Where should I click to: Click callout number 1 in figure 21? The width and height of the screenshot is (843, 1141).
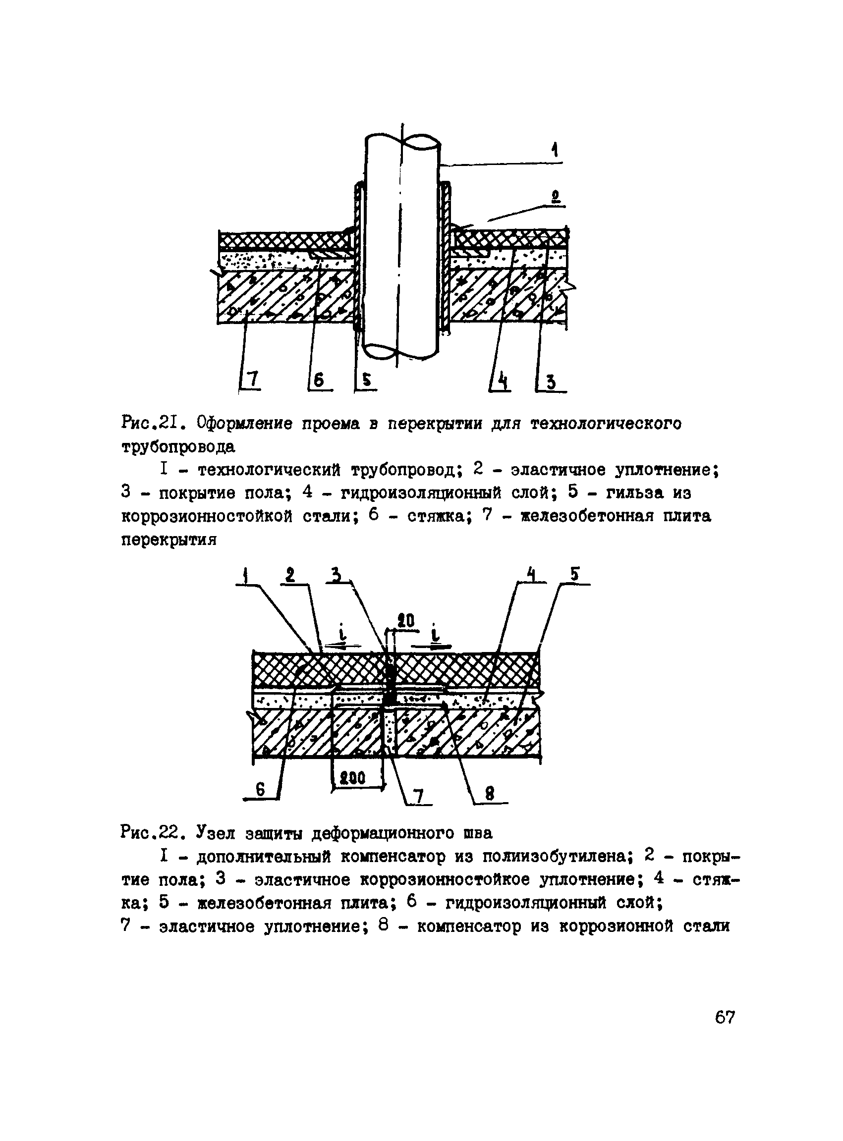555,150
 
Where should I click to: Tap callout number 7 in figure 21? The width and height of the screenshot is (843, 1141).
253,380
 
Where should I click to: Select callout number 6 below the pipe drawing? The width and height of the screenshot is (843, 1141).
319,380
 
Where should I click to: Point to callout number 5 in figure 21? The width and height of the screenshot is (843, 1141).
366,380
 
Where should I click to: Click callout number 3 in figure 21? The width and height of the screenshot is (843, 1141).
551,381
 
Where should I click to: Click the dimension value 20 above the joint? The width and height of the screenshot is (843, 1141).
406,621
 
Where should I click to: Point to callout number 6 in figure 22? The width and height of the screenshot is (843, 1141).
260,790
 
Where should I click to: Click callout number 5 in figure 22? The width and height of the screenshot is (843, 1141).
574,575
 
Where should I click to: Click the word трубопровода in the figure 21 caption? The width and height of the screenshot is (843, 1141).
178,447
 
